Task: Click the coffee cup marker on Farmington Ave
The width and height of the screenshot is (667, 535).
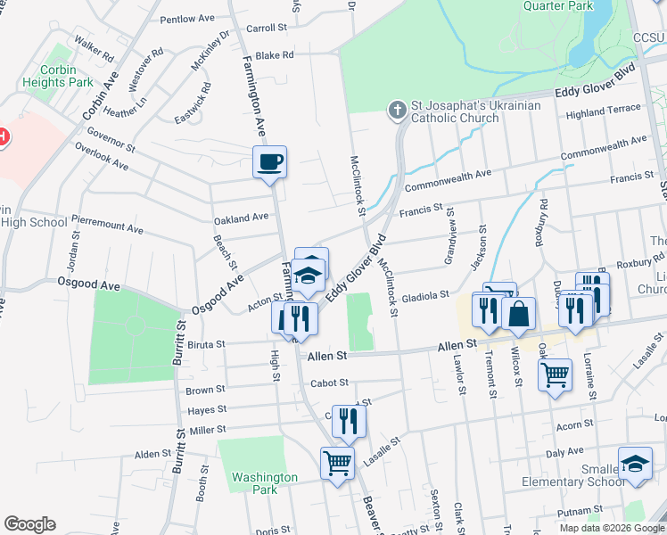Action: pos(269,163)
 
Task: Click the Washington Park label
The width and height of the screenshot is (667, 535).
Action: pos(265,483)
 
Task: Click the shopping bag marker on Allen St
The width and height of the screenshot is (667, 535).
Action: pos(518,315)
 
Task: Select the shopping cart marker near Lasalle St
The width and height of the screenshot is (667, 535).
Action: pos(338,463)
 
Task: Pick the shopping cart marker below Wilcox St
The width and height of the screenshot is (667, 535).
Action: pos(556,374)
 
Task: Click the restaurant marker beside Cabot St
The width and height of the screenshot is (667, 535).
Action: pos(349,421)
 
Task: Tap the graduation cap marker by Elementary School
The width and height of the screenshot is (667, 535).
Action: pos(634,465)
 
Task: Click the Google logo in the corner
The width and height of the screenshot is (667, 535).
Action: pos(29,524)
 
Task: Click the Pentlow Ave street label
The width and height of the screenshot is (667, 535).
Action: pos(188,19)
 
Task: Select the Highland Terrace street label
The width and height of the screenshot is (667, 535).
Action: pos(603,109)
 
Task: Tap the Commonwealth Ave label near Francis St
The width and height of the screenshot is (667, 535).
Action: pos(448,181)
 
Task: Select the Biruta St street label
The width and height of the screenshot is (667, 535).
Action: pos(206,342)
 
